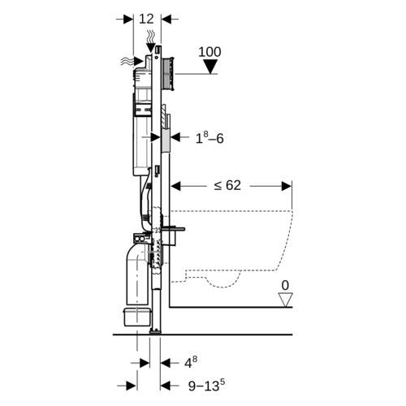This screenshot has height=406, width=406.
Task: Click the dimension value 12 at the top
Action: point(146,19)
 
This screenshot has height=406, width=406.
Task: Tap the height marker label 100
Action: point(209,52)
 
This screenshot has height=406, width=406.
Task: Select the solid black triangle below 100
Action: point(210,67)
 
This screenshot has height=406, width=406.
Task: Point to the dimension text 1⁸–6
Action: point(209,138)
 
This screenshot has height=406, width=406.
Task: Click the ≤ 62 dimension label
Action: point(227,185)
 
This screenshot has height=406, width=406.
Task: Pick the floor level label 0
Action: point(285,285)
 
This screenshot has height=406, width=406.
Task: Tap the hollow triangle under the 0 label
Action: point(286,300)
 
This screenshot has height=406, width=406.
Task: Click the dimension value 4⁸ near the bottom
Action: point(191,362)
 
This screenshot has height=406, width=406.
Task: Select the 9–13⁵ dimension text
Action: point(206,386)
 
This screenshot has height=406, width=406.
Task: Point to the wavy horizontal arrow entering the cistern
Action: point(132,62)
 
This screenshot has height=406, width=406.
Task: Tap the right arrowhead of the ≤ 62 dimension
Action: point(287,186)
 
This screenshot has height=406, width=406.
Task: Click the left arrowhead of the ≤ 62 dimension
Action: point(176,186)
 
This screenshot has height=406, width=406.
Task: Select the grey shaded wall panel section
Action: point(166,140)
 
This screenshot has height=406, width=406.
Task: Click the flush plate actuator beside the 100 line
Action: point(168,73)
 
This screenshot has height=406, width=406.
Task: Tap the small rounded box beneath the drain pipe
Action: point(136,317)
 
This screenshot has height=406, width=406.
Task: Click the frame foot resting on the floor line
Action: point(155,331)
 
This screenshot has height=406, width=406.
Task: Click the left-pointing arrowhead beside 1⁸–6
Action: point(176,137)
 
